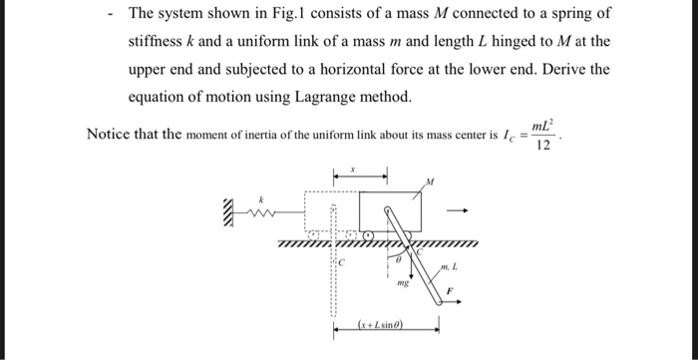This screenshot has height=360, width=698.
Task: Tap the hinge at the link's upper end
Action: pos(387,209)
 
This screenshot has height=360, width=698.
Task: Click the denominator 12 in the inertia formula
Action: pos(543,146)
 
